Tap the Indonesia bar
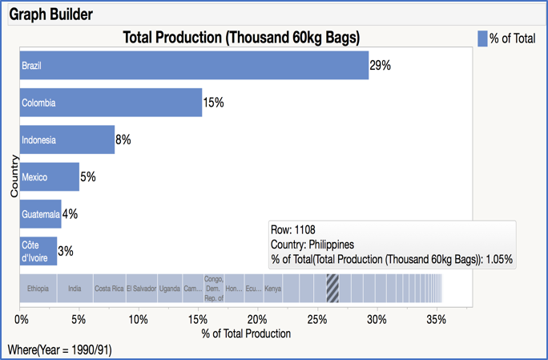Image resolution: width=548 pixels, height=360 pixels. coord(67,140)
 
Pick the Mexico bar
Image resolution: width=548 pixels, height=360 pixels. coord(50,176)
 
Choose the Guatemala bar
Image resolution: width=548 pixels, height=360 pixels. coord(40,214)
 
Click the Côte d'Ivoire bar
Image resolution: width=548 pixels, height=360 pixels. coord(38,251)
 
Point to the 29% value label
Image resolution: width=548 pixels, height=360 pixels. coord(380,66)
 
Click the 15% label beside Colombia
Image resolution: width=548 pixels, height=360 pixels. coord(213,103)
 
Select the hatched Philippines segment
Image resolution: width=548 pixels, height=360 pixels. coord(332,288)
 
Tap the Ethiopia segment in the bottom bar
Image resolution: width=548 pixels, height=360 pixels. coord(38,288)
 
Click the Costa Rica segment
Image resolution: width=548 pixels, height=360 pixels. coord(108,288)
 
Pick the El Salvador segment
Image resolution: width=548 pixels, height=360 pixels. coord(141,288)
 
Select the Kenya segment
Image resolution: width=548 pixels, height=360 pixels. coord(273,288)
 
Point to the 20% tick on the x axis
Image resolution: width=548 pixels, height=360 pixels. coord(257,318)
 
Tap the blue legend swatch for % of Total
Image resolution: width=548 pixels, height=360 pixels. coord(482,38)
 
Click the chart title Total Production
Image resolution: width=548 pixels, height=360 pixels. coord(240,38)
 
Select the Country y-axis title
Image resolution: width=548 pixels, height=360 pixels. coord(14,176)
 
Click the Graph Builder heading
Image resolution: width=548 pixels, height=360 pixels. coord(50,14)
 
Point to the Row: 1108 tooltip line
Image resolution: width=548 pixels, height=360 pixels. coord(296,229)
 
